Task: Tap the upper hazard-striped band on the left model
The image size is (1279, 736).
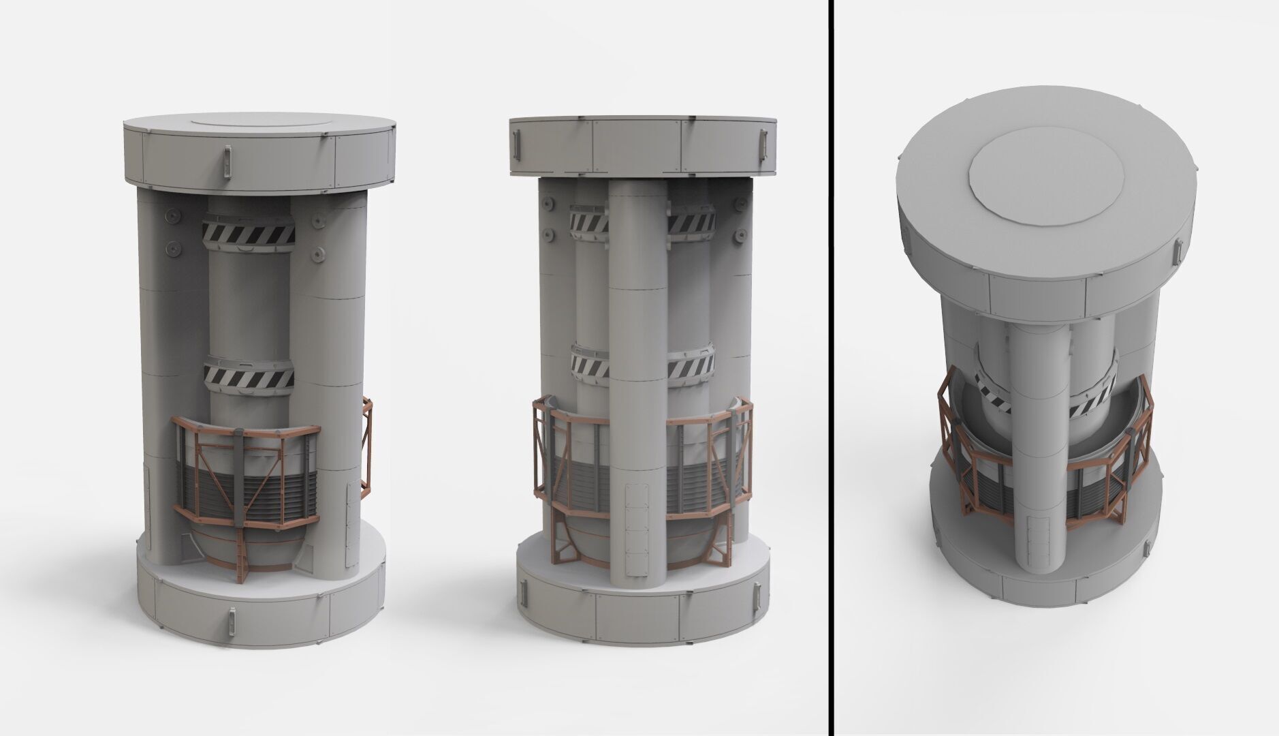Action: [249, 234]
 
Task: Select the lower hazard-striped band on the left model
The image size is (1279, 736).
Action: [249, 376]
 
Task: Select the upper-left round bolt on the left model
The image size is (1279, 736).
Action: [172, 215]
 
